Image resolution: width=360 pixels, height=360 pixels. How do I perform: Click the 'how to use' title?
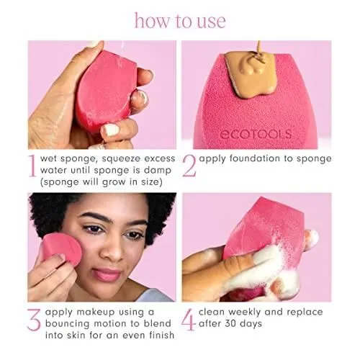click(x=180, y=21)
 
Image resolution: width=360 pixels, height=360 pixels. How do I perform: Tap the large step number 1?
click(x=32, y=166)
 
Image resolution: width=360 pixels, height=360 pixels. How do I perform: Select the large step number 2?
click(x=189, y=166)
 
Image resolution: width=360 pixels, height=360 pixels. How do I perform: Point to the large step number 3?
click(x=34, y=320)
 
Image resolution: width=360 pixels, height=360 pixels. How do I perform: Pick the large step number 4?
click(x=189, y=320)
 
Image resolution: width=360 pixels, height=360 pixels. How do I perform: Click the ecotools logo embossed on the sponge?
click(x=256, y=134)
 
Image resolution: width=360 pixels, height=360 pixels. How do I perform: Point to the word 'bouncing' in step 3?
click(x=68, y=323)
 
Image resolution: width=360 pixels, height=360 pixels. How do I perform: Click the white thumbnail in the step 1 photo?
click(x=111, y=130)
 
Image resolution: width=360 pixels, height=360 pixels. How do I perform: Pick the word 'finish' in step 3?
click(x=161, y=335)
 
